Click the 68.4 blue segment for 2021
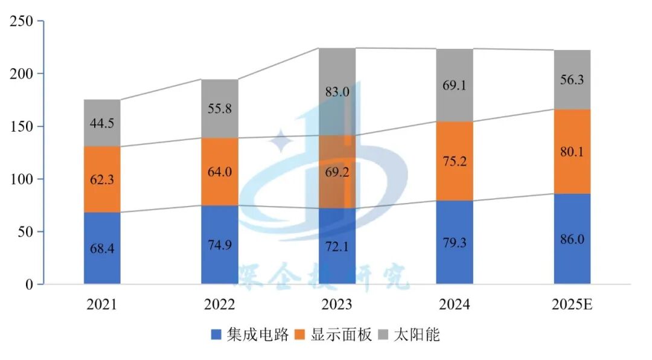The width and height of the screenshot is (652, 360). point(102,248)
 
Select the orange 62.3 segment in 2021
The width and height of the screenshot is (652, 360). point(102,179)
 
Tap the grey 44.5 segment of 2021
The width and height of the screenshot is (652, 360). point(102,123)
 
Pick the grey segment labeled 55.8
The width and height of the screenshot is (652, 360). point(219,109)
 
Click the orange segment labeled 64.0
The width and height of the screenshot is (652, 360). point(219,172)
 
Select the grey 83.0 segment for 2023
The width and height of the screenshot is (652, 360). point(337,92)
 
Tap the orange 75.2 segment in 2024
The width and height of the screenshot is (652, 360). point(455,161)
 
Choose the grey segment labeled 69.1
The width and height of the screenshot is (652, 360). point(455,85)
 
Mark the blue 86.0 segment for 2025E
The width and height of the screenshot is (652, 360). point(572,239)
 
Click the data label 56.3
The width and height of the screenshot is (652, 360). point(572,80)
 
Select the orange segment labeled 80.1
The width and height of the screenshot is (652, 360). point(572,152)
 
